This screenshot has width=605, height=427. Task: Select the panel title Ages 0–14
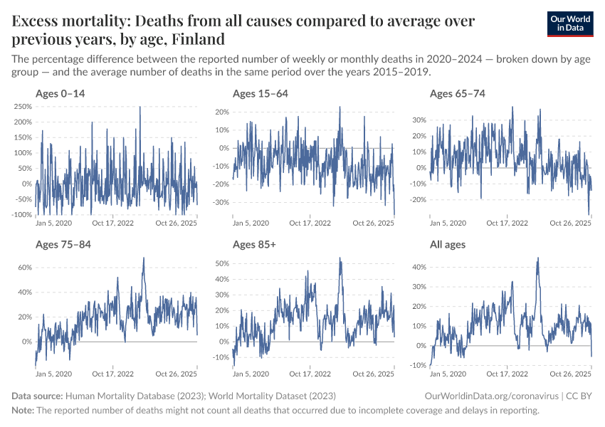pos(60,93)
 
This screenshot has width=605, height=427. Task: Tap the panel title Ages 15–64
pos(260,93)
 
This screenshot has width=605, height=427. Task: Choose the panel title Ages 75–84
pos(63,245)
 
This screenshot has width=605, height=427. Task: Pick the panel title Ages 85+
pos(255,245)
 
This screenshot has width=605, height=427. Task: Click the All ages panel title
pos(448,245)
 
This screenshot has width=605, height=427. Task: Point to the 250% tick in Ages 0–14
pos(21,107)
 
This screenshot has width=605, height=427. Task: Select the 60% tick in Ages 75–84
pos(24,268)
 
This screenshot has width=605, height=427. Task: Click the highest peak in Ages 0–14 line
pos(140,107)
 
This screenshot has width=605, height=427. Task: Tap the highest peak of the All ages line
pos(537,258)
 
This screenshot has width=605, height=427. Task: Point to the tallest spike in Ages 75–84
pos(144,258)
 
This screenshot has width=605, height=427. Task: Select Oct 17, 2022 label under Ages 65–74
pos(507,223)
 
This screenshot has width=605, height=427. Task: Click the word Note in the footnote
pos(22,411)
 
